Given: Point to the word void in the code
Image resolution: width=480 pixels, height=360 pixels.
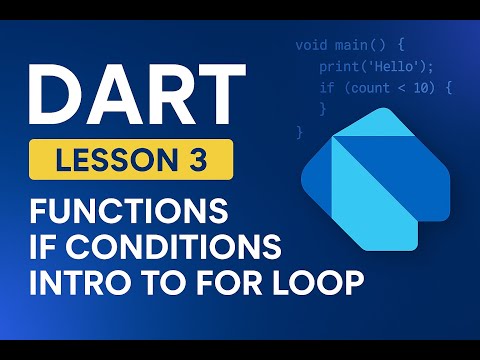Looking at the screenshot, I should pyautogui.click(x=313, y=46).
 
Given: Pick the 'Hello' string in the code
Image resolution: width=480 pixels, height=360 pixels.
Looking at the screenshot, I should pyautogui.click(x=382, y=67).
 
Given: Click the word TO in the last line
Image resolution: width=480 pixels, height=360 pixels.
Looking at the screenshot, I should pyautogui.click(x=171, y=283).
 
